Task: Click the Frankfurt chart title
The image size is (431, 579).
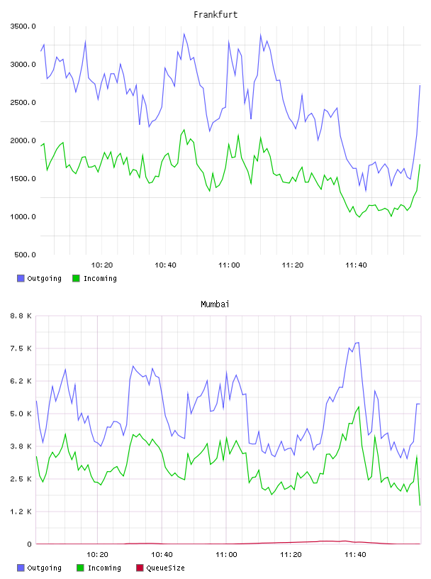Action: pyautogui.click(x=216, y=15)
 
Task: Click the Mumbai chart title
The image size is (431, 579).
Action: pyautogui.click(x=215, y=304)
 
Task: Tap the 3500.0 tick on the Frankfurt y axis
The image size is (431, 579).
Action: pyautogui.click(x=23, y=26)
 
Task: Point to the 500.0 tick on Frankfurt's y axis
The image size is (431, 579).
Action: pyautogui.click(x=25, y=255)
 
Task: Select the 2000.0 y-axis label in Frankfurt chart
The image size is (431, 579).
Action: pyautogui.click(x=23, y=140)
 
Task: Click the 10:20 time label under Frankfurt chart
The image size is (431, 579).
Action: pyautogui.click(x=102, y=265)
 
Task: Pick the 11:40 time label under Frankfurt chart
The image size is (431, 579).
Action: pyautogui.click(x=356, y=265)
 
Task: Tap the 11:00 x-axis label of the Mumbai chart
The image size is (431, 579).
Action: pyautogui.click(x=226, y=555)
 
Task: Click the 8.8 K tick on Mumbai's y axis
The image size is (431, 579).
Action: pyautogui.click(x=21, y=316)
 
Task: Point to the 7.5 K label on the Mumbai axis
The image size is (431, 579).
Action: pyautogui.click(x=21, y=348)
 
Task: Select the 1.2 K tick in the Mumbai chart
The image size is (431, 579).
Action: pyautogui.click(x=21, y=512)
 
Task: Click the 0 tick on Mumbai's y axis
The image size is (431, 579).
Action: pyautogui.click(x=30, y=544)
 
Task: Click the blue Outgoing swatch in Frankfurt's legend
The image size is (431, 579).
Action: pyautogui.click(x=21, y=278)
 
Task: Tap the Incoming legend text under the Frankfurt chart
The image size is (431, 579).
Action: pyautogui.click(x=100, y=279)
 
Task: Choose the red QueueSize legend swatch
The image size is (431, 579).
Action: pyautogui.click(x=140, y=568)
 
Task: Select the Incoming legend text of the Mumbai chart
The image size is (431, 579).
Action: pyautogui.click(x=104, y=568)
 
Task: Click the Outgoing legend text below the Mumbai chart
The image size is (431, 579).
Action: pyautogui.click(x=44, y=568)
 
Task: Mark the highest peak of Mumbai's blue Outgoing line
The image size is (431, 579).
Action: pyautogui.click(x=358, y=343)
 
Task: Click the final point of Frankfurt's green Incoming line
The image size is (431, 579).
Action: pyautogui.click(x=420, y=165)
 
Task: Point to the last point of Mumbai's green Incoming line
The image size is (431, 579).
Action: pyautogui.click(x=420, y=505)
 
